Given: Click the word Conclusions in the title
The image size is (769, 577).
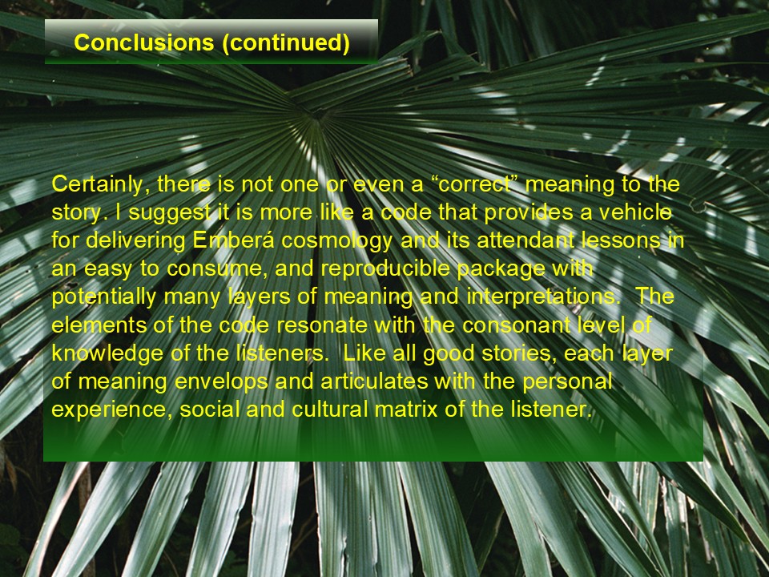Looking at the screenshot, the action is click(143, 42).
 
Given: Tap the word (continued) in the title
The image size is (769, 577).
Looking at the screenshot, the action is click(286, 43).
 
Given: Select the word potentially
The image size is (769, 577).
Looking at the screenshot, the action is click(104, 297).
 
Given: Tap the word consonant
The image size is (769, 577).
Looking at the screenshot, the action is click(513, 325).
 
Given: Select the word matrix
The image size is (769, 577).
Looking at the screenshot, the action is click(406, 410).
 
